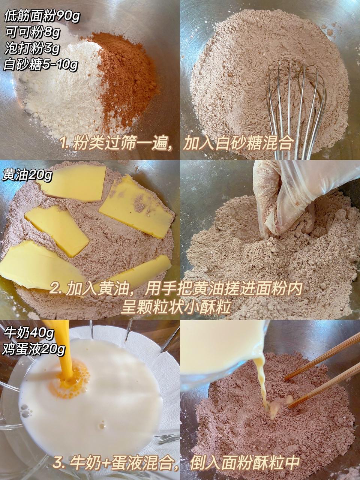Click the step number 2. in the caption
(56, 289)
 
